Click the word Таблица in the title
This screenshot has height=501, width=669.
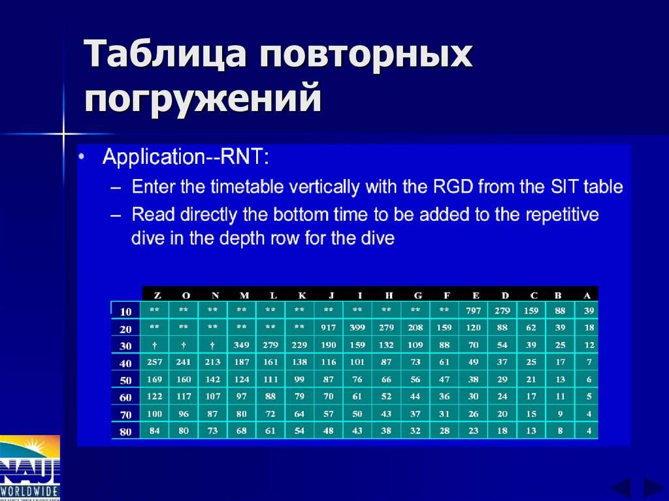[165, 55]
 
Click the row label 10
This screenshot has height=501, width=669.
[125, 311]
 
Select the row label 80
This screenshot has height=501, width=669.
[125, 431]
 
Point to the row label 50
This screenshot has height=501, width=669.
[125, 380]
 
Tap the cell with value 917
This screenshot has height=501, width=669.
[328, 327]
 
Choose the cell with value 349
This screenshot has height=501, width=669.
[242, 345]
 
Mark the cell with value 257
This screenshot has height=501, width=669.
[155, 362]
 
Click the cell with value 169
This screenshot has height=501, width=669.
[155, 379]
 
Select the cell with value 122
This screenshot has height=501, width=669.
[155, 396]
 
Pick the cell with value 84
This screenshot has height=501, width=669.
[155, 430]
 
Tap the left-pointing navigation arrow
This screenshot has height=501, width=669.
[620, 488]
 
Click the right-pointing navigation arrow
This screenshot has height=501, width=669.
[652, 488]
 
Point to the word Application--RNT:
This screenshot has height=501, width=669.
[185, 157]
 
